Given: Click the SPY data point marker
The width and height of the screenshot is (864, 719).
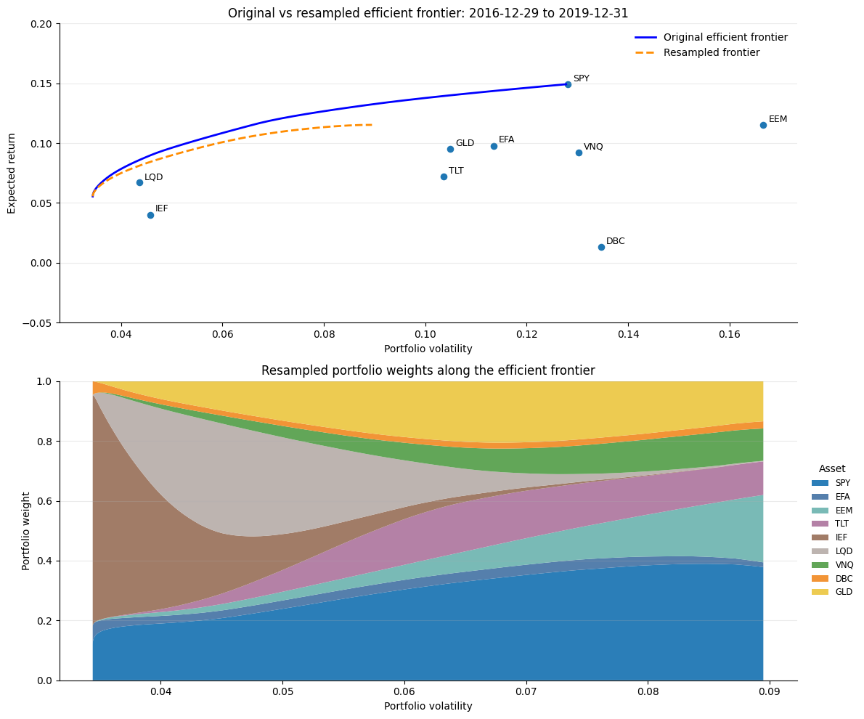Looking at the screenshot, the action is pyautogui.click(x=568, y=84).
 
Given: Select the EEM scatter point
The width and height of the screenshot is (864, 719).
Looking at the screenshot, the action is pyautogui.click(x=763, y=125).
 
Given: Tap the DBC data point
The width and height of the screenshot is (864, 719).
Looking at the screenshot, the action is pyautogui.click(x=601, y=247).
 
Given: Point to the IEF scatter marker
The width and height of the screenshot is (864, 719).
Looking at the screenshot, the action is pyautogui.click(x=150, y=215).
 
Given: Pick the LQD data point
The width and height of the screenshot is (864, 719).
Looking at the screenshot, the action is pyautogui.click(x=139, y=182).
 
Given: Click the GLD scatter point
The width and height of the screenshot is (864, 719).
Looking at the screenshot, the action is pyautogui.click(x=450, y=149).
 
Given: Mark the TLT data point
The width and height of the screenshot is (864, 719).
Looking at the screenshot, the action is pyautogui.click(x=444, y=176).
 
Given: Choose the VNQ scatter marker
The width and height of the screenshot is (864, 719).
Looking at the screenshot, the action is pyautogui.click(x=579, y=153).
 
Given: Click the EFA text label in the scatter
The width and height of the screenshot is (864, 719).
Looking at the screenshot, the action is pyautogui.click(x=506, y=139).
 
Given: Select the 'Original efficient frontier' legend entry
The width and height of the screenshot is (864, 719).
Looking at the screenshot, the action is pyautogui.click(x=712, y=37).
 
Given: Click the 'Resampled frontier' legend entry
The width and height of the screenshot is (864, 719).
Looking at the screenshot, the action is pyautogui.click(x=697, y=52).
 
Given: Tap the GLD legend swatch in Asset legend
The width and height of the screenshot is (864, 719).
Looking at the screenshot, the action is pyautogui.click(x=820, y=592).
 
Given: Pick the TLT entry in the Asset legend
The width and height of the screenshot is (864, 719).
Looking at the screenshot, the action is pyautogui.click(x=832, y=524).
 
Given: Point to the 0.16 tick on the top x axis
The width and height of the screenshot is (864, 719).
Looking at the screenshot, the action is pyautogui.click(x=730, y=334).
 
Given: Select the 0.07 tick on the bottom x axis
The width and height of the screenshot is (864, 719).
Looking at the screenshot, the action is pyautogui.click(x=526, y=691).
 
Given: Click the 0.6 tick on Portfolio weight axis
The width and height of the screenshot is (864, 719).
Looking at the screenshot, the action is pyautogui.click(x=46, y=501).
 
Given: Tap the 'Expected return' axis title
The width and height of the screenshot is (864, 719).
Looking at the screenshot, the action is pyautogui.click(x=12, y=173).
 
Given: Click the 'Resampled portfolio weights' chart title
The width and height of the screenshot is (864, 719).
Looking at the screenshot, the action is pyautogui.click(x=428, y=370).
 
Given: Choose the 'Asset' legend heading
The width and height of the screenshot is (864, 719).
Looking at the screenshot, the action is pyautogui.click(x=832, y=468).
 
